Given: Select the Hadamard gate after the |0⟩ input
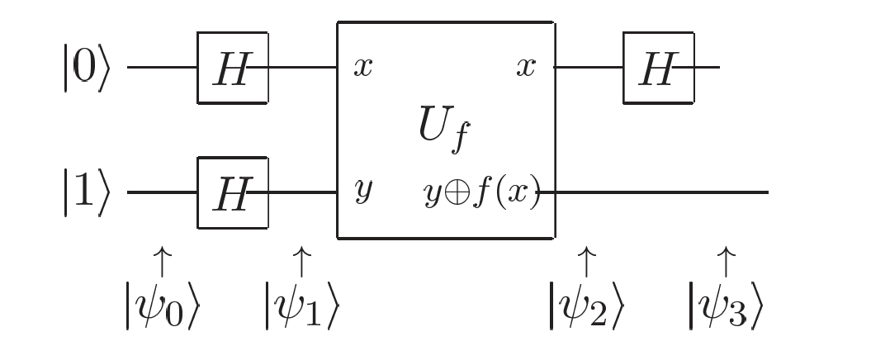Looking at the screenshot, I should tap(232, 68).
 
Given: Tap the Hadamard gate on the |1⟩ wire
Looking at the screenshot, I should tap(232, 193).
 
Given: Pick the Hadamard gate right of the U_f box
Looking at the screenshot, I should tap(658, 68).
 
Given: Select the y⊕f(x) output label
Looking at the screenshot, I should tap(481, 193).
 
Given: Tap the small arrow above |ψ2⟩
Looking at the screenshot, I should tap(586, 260).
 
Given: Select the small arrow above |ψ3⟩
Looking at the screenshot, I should tap(726, 260).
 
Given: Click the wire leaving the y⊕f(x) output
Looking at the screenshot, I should tap(660, 193).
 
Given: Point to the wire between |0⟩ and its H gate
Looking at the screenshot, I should tap(162, 68).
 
